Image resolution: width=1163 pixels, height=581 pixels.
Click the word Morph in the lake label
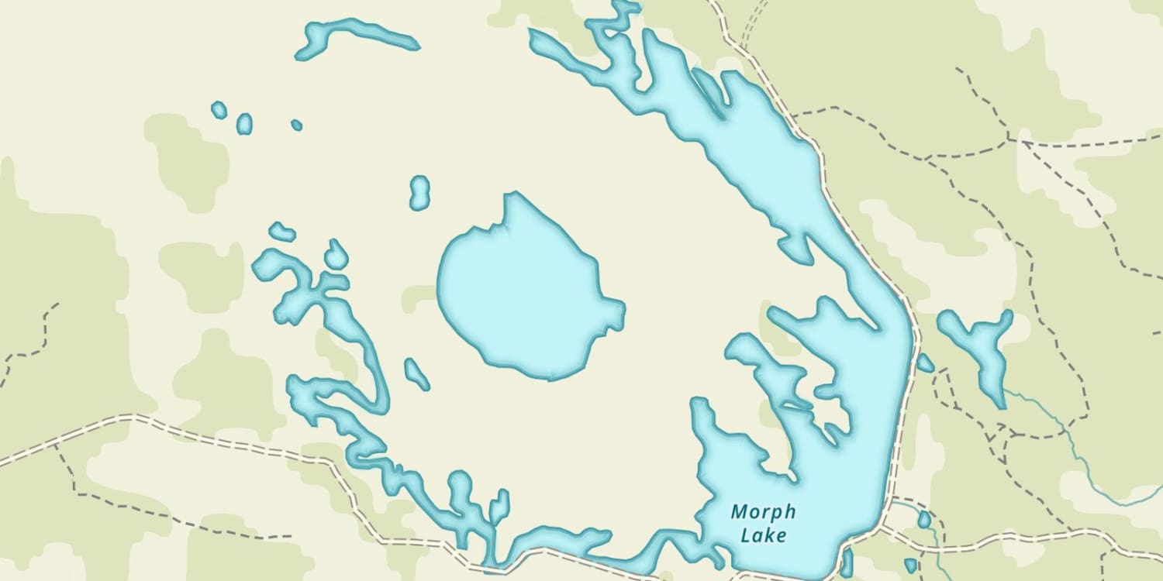pyautogui.click(x=763, y=512)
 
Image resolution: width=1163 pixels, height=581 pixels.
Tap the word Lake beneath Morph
pyautogui.click(x=764, y=535)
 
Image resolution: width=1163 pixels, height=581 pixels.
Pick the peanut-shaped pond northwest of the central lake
pyautogui.click(x=419, y=192)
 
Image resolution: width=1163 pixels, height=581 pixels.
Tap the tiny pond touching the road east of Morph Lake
pyautogui.click(x=925, y=363)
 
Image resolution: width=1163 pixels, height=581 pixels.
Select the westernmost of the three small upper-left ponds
pyautogui.click(x=219, y=110)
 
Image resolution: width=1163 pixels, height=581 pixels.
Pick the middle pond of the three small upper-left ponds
pyautogui.click(x=244, y=123)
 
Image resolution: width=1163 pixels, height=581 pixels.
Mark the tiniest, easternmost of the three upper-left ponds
pyautogui.click(x=296, y=125)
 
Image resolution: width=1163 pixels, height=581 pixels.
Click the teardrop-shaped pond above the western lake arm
pyautogui.click(x=336, y=255)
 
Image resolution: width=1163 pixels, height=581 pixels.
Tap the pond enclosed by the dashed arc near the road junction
pyautogui.click(x=924, y=519)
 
